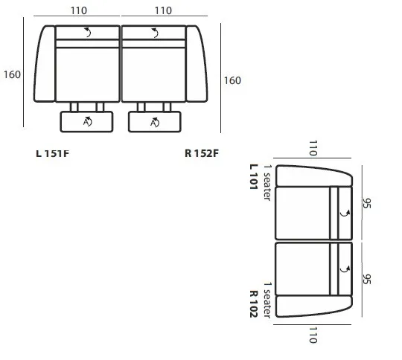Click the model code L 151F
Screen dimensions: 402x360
click(53, 153)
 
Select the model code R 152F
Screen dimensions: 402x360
click(202, 153)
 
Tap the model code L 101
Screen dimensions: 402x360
click(253, 176)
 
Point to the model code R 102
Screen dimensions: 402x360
click(253, 304)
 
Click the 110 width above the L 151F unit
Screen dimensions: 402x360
click(79, 10)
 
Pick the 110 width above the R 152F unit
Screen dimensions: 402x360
click(163, 10)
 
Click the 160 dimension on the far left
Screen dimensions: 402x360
click(12, 74)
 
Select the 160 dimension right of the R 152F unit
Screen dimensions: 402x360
click(232, 80)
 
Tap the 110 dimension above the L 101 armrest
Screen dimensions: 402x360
click(313, 148)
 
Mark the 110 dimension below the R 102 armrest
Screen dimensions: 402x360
click(313, 335)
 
